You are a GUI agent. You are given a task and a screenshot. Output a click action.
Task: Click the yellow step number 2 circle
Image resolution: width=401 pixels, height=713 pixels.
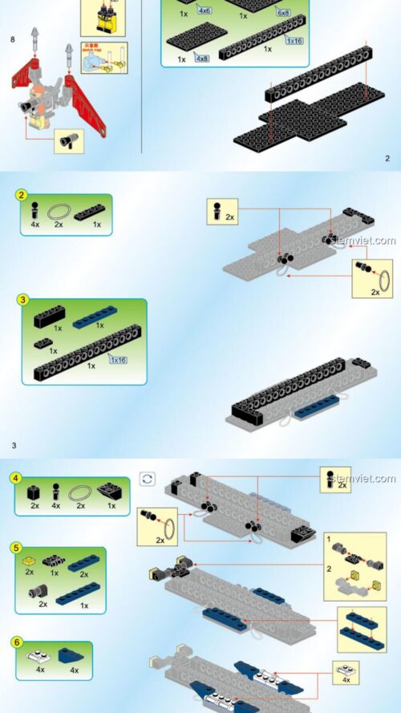point(23,195)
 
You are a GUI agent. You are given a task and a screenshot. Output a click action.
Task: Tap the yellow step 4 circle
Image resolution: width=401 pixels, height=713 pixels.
point(15,478)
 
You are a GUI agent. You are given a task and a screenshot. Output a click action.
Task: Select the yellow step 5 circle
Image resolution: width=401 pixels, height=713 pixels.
point(15,548)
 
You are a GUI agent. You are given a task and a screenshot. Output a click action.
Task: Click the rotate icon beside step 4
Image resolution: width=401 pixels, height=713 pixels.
point(147,479)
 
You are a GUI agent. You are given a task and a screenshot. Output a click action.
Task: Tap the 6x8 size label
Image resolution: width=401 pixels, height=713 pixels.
point(283,12)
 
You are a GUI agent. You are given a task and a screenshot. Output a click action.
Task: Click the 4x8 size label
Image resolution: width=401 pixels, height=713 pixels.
point(200,59)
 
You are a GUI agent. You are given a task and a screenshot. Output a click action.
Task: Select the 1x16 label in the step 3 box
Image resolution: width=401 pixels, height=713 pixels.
point(118,360)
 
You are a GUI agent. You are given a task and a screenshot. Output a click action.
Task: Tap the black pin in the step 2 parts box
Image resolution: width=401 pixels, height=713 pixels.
point(34,211)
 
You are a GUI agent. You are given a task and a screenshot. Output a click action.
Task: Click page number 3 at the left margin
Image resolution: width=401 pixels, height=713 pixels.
point(14,444)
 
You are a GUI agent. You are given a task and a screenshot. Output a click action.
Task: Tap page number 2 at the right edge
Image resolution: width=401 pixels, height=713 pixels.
point(387,158)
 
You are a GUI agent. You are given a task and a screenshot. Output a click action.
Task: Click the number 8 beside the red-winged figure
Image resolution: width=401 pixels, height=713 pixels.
point(13,38)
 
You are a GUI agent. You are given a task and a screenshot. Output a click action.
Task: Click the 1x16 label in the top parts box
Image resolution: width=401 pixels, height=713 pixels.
point(294,39)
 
